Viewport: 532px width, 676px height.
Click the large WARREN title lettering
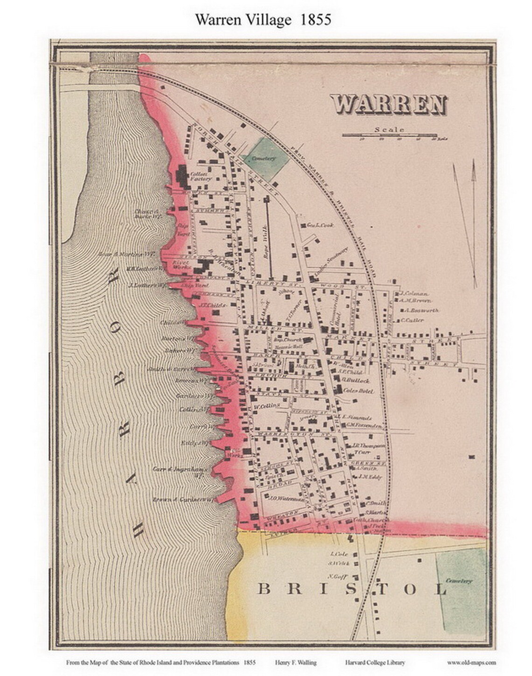(x=388, y=104)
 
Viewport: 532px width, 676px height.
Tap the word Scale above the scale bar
(x=389, y=130)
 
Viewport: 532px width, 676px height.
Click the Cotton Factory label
(x=201, y=176)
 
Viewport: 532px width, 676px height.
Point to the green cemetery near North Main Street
(x=264, y=158)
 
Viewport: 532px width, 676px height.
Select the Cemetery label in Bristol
(x=459, y=581)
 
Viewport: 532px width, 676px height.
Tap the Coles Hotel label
(x=359, y=391)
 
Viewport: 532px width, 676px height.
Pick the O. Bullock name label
(x=356, y=381)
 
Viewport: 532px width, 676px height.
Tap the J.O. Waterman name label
(x=287, y=497)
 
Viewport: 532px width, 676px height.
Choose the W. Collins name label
(x=266, y=405)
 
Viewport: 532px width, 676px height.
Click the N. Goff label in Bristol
(x=336, y=575)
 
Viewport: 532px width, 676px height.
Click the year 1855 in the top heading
(x=316, y=19)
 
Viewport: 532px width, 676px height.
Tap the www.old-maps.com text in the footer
(x=471, y=662)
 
